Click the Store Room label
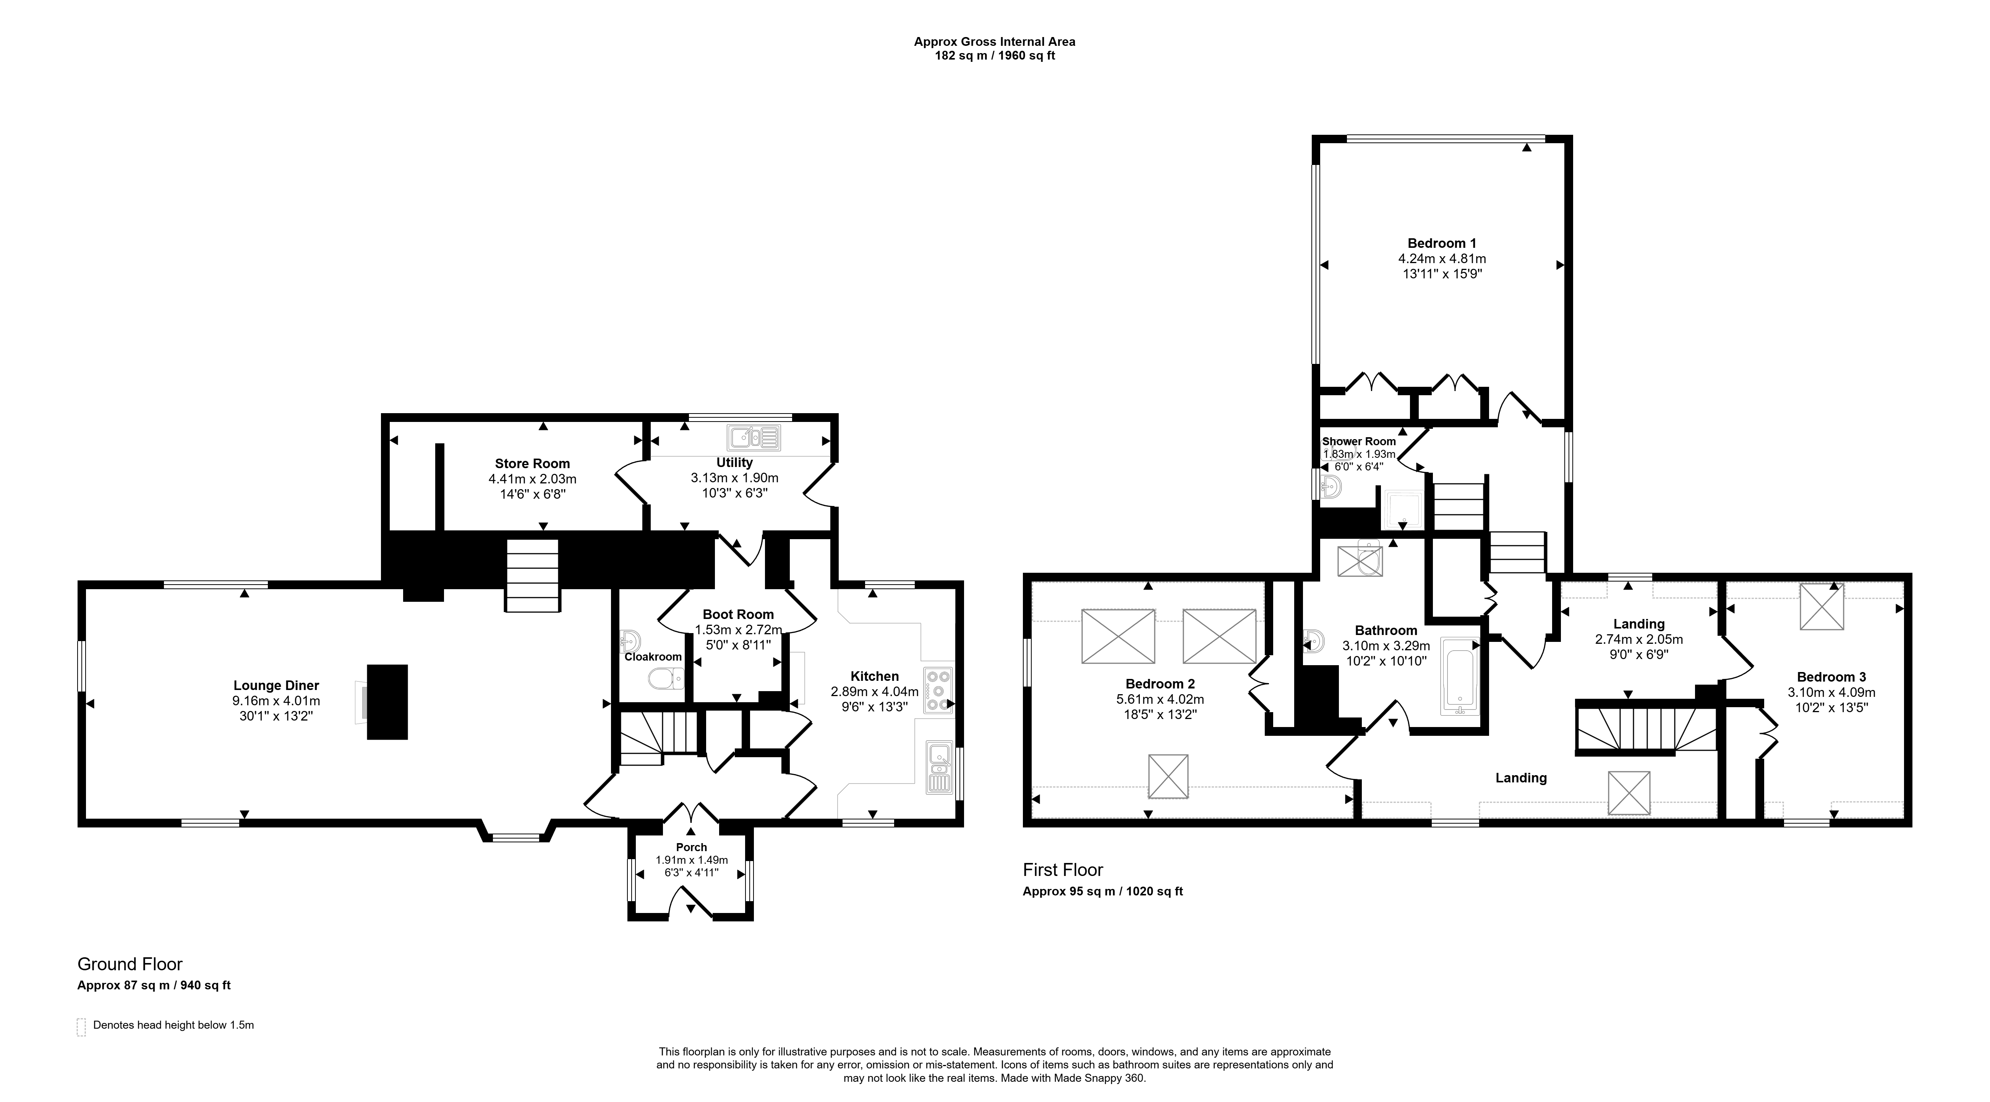tap(532, 463)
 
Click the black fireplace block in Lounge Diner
tap(387, 702)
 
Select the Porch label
tap(691, 847)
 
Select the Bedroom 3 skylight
tap(1822, 606)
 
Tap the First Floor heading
tap(1063, 869)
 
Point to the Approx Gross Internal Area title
tap(994, 42)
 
